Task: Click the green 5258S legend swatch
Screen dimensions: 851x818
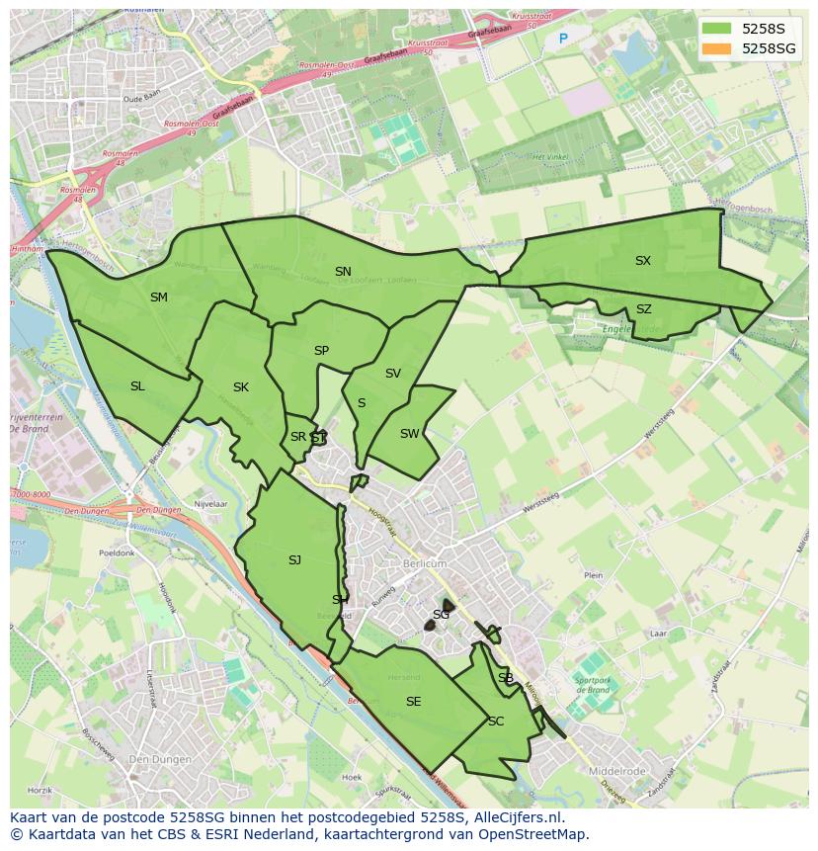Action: (x=717, y=29)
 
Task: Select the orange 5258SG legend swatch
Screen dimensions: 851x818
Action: (x=717, y=48)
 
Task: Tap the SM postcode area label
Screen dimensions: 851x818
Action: (x=159, y=298)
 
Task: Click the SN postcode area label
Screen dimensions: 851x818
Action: (x=343, y=272)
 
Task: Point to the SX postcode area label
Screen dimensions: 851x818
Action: (x=643, y=261)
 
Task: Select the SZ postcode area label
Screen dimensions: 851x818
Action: (x=644, y=309)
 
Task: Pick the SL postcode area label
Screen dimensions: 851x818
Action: (x=137, y=386)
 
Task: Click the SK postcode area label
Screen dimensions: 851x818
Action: (x=241, y=387)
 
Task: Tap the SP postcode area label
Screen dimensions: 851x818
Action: (x=321, y=351)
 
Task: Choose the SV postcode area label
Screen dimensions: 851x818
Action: (x=393, y=374)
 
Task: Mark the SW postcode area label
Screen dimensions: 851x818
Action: (x=409, y=434)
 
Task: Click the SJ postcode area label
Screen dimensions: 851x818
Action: (x=294, y=560)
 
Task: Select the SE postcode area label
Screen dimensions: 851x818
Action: (x=413, y=702)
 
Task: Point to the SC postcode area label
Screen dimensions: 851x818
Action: (x=496, y=722)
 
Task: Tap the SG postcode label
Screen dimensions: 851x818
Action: (x=441, y=615)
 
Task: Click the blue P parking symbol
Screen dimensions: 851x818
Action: (x=563, y=40)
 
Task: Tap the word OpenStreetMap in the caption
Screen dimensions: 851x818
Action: (x=534, y=834)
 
